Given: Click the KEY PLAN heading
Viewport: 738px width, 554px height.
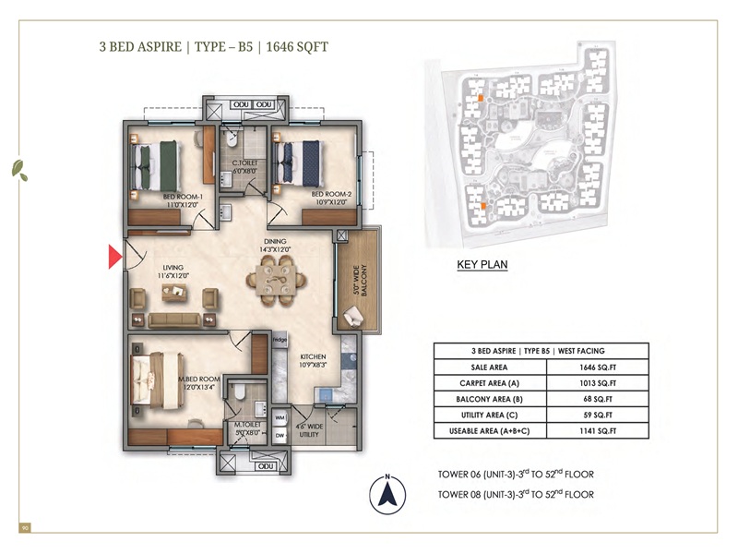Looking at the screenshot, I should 482,265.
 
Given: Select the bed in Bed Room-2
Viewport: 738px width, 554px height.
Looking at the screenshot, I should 300,163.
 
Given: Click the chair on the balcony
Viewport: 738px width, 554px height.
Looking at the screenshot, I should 353,318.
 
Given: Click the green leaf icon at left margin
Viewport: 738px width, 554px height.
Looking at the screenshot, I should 18,169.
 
